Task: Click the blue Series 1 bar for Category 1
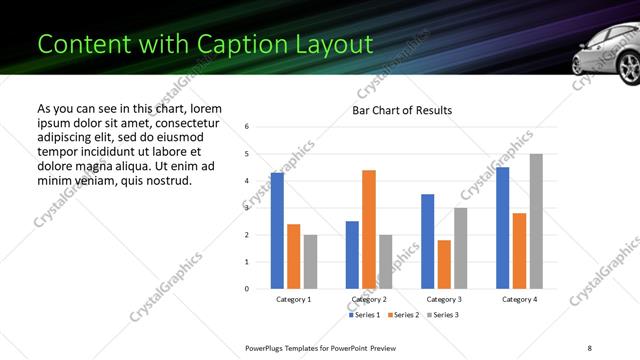pos(277,231)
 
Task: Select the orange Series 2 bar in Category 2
pos(369,229)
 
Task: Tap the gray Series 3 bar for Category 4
pos(536,221)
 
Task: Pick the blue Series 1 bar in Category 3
pos(428,241)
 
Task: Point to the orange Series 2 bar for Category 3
pos(444,264)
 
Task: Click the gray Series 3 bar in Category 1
pos(310,262)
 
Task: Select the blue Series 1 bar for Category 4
pos(503,228)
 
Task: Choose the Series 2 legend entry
pos(403,315)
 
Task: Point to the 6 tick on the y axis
pos(247,127)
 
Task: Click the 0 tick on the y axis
pos(247,289)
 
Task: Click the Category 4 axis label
pos(519,300)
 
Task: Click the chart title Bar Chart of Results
pos(402,110)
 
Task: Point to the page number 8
pos(589,346)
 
